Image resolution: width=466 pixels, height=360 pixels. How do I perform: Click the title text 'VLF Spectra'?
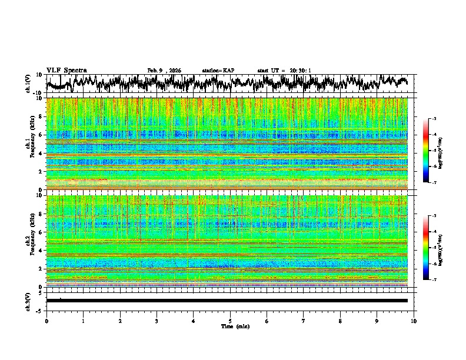point(66,70)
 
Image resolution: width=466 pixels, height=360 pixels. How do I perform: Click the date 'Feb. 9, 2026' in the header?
point(164,71)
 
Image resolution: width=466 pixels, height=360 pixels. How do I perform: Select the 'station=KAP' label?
point(218,71)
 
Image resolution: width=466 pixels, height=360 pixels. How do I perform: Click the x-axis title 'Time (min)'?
point(230,326)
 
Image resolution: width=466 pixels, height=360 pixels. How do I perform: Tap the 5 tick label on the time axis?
point(230,321)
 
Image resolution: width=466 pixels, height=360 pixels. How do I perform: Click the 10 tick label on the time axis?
point(414,321)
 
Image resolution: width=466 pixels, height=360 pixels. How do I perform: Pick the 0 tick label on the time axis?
point(46,321)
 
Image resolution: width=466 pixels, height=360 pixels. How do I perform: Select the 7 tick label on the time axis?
point(304,321)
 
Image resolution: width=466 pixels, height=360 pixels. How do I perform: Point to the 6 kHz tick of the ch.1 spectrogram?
point(41,135)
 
